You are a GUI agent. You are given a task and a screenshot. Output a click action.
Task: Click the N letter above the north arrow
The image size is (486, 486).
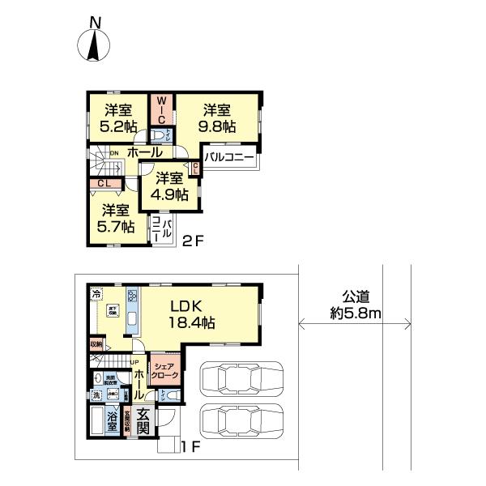pyautogui.click(x=96, y=23)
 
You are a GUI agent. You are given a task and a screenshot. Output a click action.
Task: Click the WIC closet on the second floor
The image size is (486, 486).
pyautogui.click(x=160, y=108)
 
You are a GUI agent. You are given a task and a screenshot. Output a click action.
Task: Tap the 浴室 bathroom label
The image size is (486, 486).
pyautogui.click(x=112, y=423)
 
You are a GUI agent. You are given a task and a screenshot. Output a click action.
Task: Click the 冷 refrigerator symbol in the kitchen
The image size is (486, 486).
pyautogui.click(x=96, y=293)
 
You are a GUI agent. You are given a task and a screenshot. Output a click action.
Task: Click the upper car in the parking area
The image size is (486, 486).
pyautogui.click(x=237, y=378)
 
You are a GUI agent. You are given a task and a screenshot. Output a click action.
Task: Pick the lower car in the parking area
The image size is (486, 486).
pyautogui.click(x=237, y=421)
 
